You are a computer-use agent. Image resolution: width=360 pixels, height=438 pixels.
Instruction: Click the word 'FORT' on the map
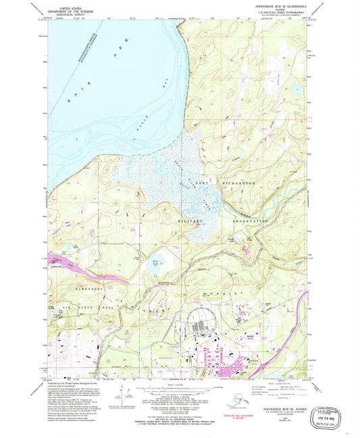click(201, 183)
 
